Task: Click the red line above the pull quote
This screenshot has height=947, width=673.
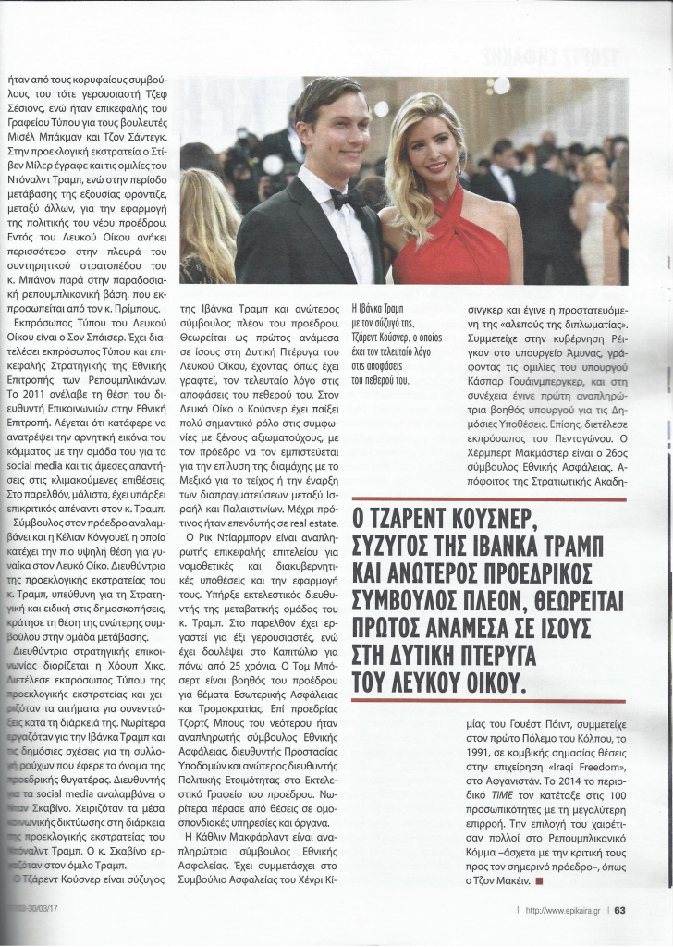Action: (489, 499)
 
